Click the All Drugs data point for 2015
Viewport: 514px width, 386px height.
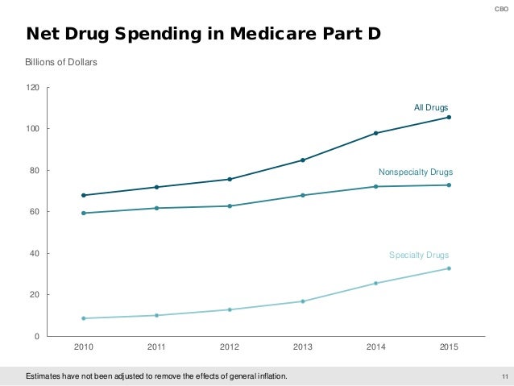tap(449, 117)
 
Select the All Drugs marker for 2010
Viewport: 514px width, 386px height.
tap(84, 195)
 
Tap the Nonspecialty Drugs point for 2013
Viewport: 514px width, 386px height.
tap(303, 195)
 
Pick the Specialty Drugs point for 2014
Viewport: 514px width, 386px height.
tap(376, 283)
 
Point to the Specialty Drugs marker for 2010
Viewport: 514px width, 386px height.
tap(84, 318)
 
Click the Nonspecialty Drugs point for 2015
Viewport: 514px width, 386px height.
tap(449, 185)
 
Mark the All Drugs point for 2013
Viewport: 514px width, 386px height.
tap(303, 160)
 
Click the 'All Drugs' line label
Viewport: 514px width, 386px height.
tap(431, 106)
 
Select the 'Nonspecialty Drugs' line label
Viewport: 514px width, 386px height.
tap(416, 172)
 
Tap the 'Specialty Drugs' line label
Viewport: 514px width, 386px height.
tap(419, 255)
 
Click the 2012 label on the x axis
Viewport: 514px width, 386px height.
tap(230, 347)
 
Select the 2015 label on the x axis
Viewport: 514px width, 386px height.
tap(449, 347)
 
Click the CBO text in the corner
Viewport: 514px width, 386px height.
tap(503, 8)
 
